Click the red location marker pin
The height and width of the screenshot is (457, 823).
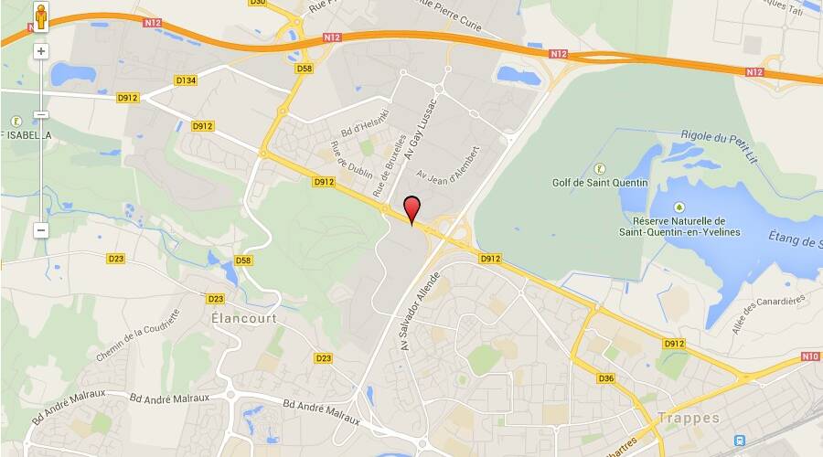click(412, 208)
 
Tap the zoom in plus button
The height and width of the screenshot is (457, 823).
click(41, 51)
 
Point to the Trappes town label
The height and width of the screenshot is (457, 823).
click(688, 418)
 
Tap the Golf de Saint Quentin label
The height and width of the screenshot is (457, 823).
click(600, 183)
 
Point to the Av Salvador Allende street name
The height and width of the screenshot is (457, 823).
click(420, 311)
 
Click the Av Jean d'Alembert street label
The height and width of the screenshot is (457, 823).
click(448, 163)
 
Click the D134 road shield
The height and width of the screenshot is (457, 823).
click(186, 81)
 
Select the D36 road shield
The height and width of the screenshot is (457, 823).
click(606, 378)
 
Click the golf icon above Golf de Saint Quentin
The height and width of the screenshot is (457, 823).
click(600, 167)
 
